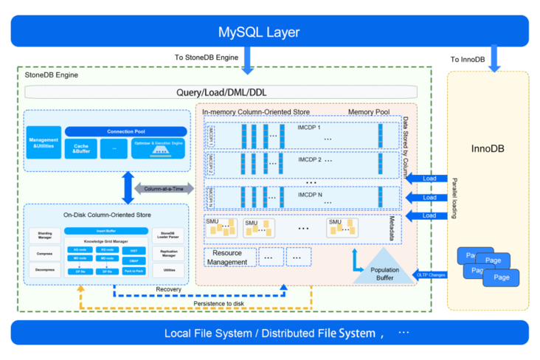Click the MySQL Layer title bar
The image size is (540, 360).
pyautogui.click(x=269, y=32)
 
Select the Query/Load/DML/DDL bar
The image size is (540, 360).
pyautogui.click(x=221, y=93)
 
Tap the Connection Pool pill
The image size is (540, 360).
pyautogui.click(x=125, y=131)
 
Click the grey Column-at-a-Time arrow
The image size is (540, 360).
pyautogui.click(x=163, y=189)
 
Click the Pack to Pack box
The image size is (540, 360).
pyautogui.click(x=134, y=271)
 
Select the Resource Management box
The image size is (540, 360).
pyautogui.click(x=229, y=257)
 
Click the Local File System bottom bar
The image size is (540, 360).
pyautogui.click(x=269, y=333)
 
